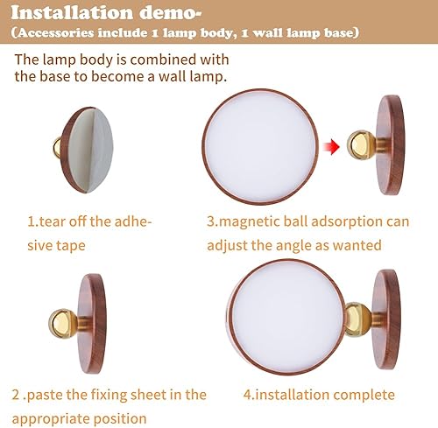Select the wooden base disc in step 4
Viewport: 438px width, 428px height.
(385, 315)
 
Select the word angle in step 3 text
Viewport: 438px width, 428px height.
(305, 245)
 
